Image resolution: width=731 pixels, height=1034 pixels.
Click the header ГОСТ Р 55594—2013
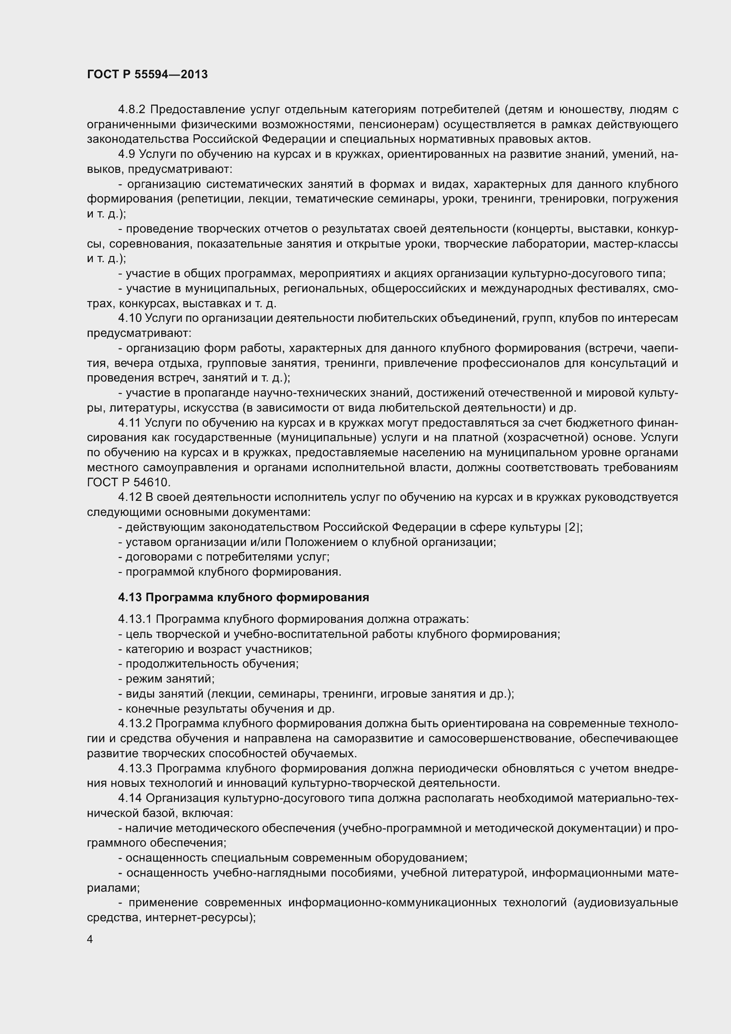click(x=147, y=74)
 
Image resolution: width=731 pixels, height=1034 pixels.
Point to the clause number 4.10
click(x=129, y=318)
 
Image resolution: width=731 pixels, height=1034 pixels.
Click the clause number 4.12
click(x=129, y=497)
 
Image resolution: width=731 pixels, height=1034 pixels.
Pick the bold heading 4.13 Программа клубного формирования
click(x=244, y=597)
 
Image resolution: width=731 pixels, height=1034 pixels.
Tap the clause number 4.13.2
click(x=135, y=724)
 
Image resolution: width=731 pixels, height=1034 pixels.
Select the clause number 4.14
click(x=129, y=798)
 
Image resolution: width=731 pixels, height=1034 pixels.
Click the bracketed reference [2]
click(x=572, y=527)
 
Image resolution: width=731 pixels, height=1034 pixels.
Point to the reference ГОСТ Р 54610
click(x=128, y=482)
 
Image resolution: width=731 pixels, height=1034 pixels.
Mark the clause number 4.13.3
click(x=135, y=768)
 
